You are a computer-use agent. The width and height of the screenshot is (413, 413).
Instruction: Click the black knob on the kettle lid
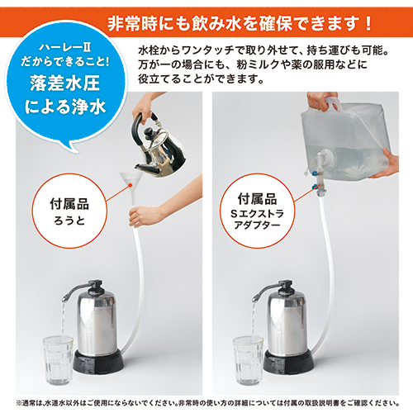click(x=150, y=133)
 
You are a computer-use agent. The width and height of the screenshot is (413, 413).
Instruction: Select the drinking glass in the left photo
click(x=58, y=360)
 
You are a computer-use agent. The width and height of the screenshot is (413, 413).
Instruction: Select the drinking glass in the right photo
click(x=249, y=360)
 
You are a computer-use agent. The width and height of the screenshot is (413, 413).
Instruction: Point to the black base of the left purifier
click(x=98, y=363)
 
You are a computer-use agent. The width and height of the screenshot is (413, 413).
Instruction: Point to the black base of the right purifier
click(x=288, y=363)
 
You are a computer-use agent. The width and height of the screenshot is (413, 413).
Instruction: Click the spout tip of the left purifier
click(x=64, y=299)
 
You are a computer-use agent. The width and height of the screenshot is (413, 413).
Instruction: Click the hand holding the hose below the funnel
click(x=143, y=216)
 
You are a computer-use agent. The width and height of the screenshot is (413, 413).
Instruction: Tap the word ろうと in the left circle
click(x=69, y=221)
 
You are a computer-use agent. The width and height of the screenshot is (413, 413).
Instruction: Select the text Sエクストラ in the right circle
click(x=257, y=213)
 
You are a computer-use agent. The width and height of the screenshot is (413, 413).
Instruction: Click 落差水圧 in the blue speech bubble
click(x=65, y=83)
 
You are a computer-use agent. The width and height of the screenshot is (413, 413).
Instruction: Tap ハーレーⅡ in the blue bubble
click(x=65, y=47)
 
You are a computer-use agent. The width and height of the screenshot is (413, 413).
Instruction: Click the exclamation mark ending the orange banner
click(x=368, y=24)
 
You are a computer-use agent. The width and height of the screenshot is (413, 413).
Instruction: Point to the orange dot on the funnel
click(x=131, y=185)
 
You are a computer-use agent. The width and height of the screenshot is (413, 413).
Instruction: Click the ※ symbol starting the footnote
click(x=19, y=403)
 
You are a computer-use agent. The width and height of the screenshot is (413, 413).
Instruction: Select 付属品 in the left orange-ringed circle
click(x=69, y=204)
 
